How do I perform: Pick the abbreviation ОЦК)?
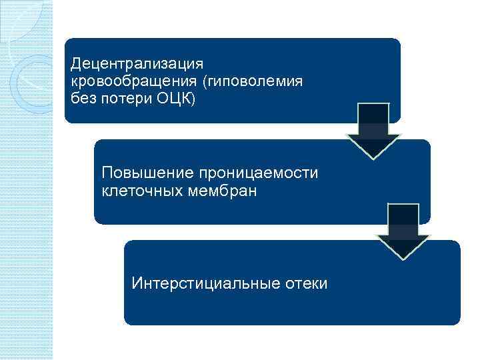(176, 98)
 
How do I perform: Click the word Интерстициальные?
(199, 283)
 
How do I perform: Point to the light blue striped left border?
(27, 200)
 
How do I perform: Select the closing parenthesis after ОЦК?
(193, 98)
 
